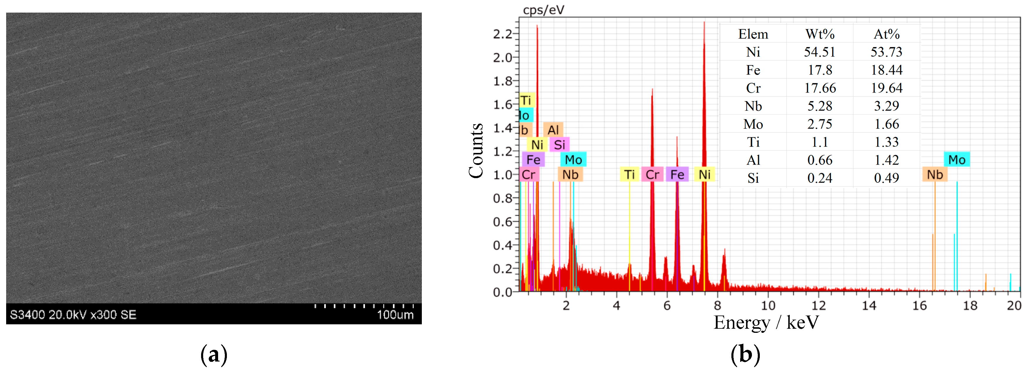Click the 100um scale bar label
pos(395,315)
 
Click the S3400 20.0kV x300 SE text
pos(73,315)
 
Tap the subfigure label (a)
pos(214,354)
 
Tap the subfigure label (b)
pos(745,354)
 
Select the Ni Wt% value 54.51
pos(819,52)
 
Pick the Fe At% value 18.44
pos(886,70)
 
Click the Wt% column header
pos(819,34)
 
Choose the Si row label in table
pos(753,178)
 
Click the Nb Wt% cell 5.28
pos(819,106)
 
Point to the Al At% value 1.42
pos(886,160)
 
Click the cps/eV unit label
pos(543,10)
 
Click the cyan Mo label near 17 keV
pos(956,160)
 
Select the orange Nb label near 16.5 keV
pos(935,174)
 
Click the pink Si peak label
pos(559,144)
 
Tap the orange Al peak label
pos(553,130)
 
